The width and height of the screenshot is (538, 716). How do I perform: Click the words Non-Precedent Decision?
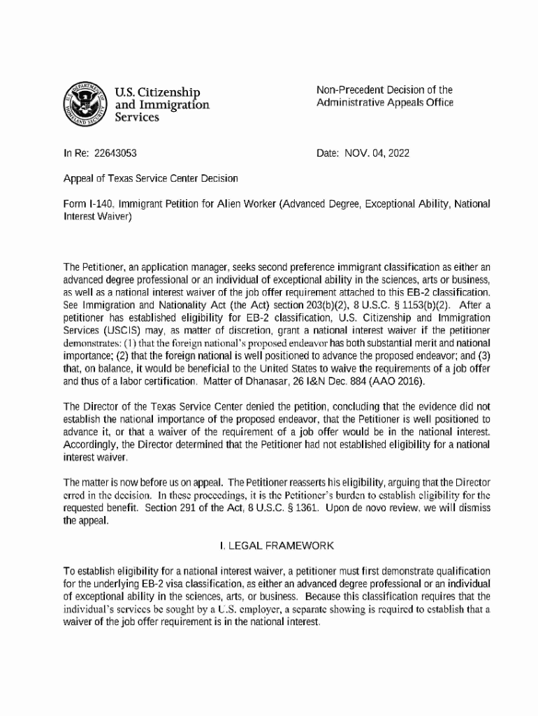tap(358, 89)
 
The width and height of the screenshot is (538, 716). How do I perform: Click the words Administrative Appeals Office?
tap(385, 103)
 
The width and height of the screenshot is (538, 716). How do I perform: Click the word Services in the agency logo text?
tap(136, 118)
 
